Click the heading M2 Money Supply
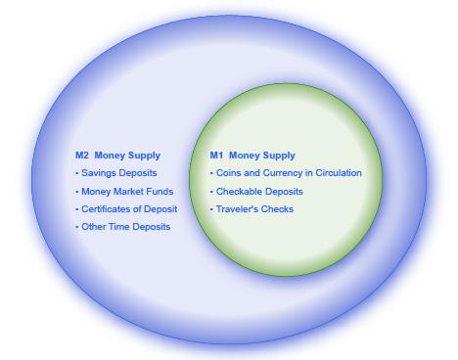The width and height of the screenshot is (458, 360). tap(117, 156)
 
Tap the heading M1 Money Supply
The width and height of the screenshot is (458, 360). tap(252, 156)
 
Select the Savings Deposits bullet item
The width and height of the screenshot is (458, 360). tap(117, 173)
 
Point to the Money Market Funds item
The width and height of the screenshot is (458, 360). tap(126, 192)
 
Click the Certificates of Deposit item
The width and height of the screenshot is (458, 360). tap(128, 209)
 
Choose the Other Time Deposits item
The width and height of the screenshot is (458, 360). tap(125, 227)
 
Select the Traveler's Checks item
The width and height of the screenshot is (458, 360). tap(254, 209)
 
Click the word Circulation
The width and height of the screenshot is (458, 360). tap(338, 173)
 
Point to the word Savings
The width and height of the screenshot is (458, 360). tap(98, 173)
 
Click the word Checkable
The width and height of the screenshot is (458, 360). tap(238, 192)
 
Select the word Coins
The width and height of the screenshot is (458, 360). tap(228, 173)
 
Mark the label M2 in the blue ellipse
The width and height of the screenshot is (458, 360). tap(82, 156)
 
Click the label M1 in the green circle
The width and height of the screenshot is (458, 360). tap(216, 156)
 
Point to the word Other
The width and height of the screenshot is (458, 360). tap(94, 227)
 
